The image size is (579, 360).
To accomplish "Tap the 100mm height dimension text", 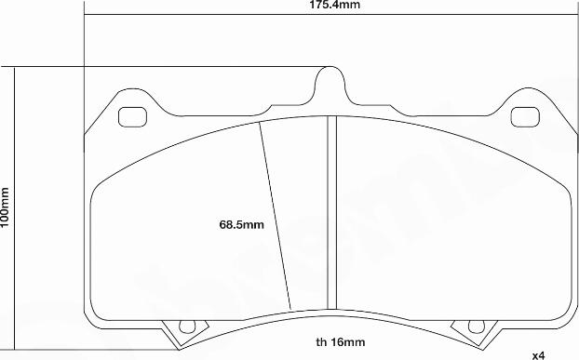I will [x=6, y=207].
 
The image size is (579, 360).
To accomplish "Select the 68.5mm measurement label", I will [x=242, y=224].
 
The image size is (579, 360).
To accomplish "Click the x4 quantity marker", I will [x=539, y=354].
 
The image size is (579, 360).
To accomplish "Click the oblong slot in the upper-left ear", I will [x=133, y=117].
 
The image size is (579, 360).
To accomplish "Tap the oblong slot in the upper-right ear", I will [x=527, y=117].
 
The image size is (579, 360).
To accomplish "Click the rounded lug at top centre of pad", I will [x=330, y=82].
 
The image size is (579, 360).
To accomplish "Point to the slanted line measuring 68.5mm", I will [x=276, y=216].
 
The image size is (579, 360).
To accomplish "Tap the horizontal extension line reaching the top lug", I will [x=168, y=67].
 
